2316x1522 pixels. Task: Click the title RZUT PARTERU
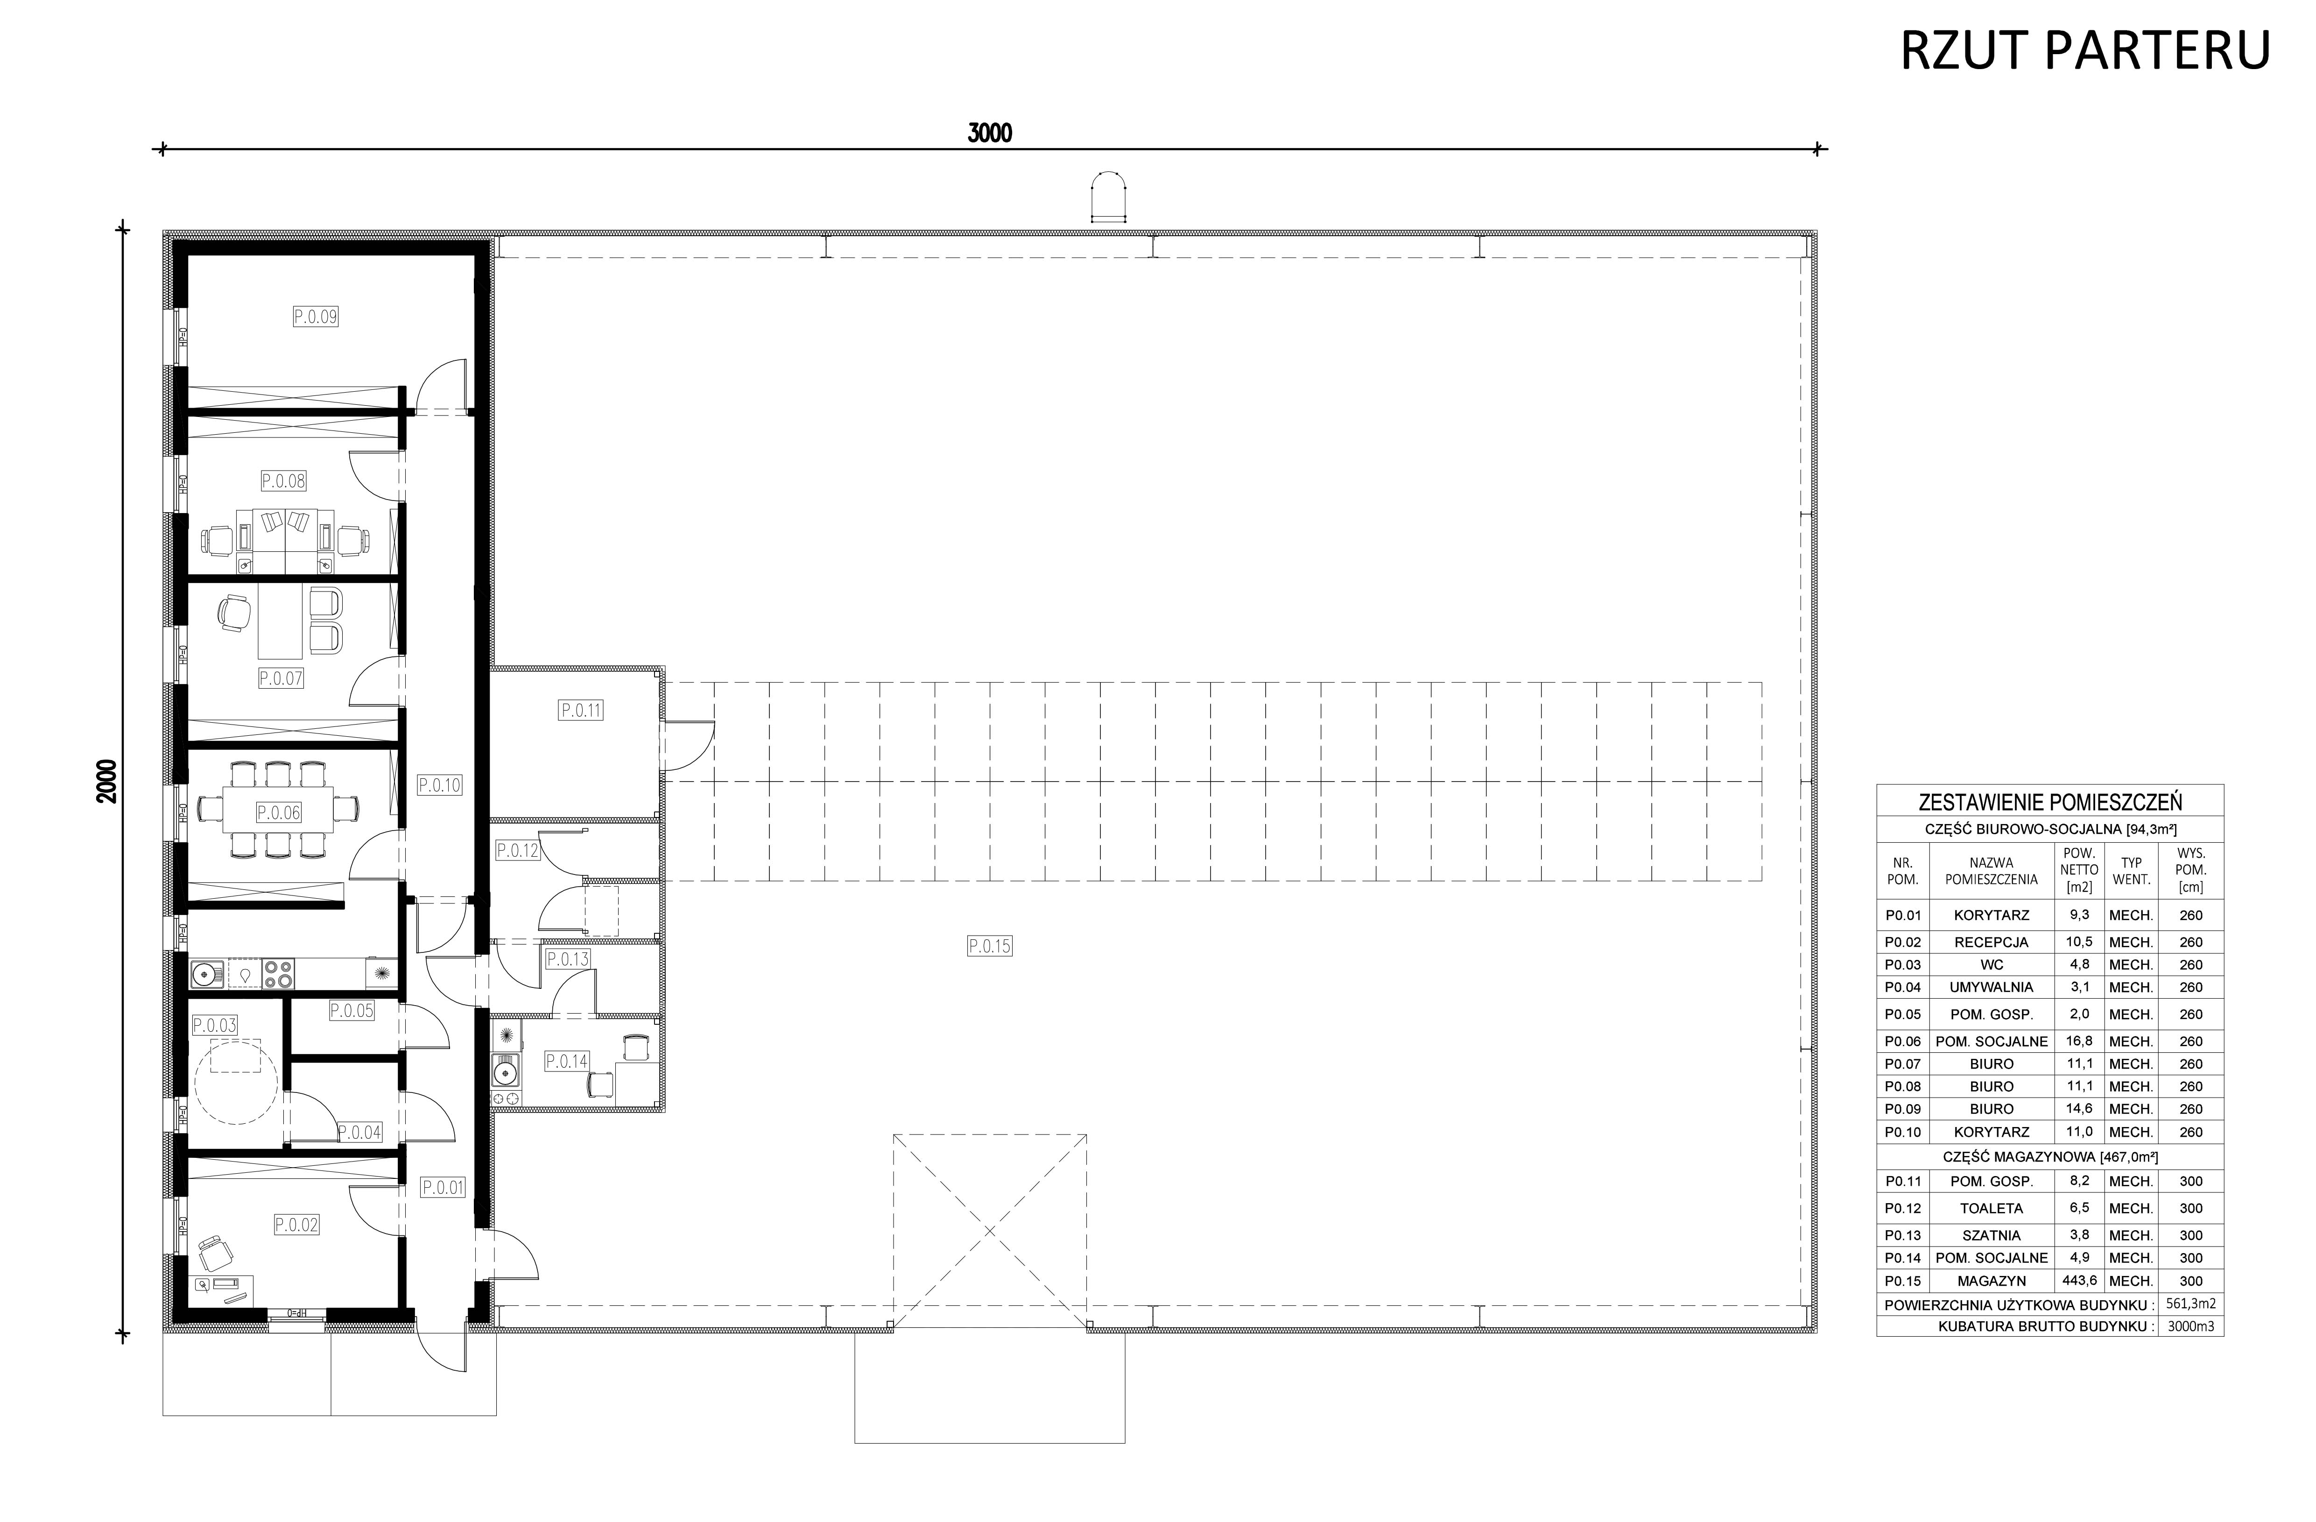[2085, 50]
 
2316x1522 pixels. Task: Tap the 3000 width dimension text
[990, 134]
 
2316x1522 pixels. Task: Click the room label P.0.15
[990, 945]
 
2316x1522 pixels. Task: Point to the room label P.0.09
[315, 316]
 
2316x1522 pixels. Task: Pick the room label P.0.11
[581, 711]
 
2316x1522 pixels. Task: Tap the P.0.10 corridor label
[439, 785]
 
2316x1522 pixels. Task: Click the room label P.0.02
[297, 1225]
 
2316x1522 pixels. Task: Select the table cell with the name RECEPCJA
[1991, 942]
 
